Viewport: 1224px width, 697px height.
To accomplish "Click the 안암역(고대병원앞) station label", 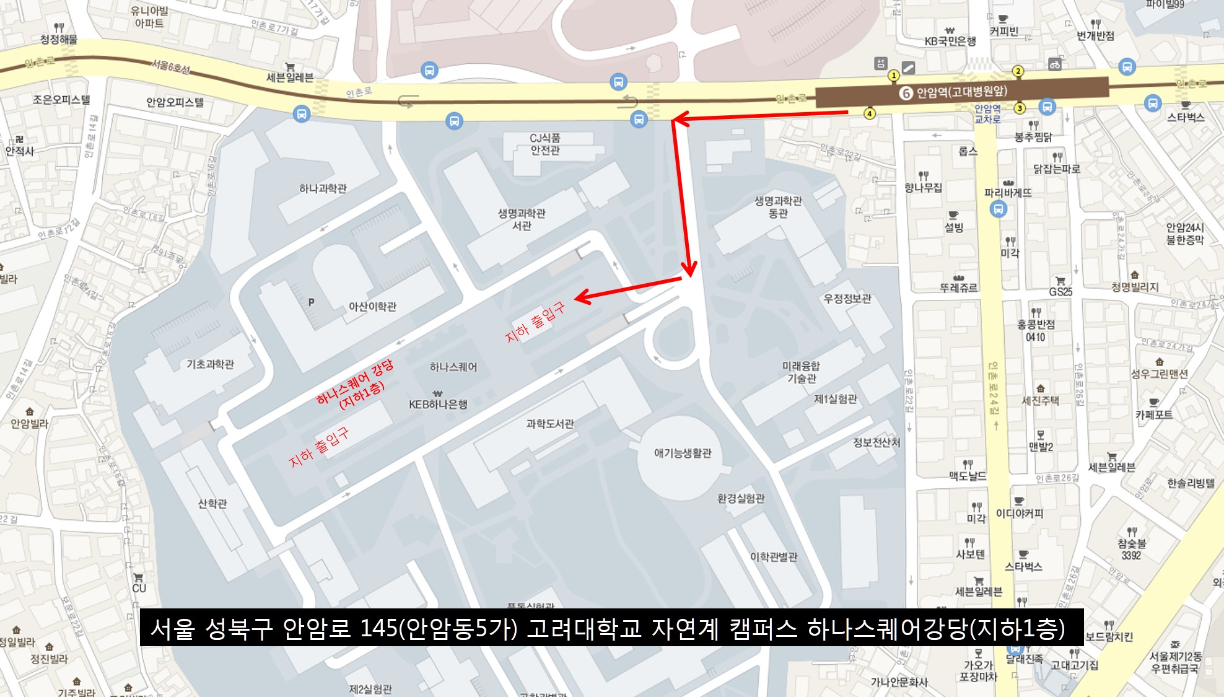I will pyautogui.click(x=961, y=92).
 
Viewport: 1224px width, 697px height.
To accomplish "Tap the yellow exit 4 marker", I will pyautogui.click(x=870, y=113).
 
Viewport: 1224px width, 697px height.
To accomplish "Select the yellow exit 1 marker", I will pyautogui.click(x=893, y=76).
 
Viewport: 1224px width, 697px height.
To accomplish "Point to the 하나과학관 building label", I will pyautogui.click(x=323, y=188).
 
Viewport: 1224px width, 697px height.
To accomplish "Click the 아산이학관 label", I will pyautogui.click(x=372, y=307).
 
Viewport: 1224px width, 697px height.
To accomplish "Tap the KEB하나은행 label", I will pyautogui.click(x=438, y=404).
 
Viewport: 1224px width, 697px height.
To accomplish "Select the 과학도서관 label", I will pyautogui.click(x=550, y=424).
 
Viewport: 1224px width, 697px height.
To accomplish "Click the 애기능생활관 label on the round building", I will pyautogui.click(x=683, y=453).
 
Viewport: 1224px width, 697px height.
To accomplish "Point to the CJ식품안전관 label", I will pyautogui.click(x=545, y=144).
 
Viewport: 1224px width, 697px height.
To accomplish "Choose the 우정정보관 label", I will pyautogui.click(x=847, y=299).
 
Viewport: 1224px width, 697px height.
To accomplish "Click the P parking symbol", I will pyautogui.click(x=311, y=302).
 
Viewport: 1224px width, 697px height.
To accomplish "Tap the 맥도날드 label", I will pyautogui.click(x=967, y=475).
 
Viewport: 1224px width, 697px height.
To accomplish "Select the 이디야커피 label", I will pyautogui.click(x=1020, y=513).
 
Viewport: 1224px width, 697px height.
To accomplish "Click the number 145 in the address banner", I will pyautogui.click(x=379, y=628).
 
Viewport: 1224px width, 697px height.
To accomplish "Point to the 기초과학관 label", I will pyautogui.click(x=211, y=364).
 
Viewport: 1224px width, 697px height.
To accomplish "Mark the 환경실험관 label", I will pyautogui.click(x=741, y=498).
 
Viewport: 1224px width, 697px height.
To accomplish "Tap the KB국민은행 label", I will pyautogui.click(x=950, y=41).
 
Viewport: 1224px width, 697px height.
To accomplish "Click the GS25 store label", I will pyautogui.click(x=1060, y=291).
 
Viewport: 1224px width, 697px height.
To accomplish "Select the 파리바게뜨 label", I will pyautogui.click(x=1008, y=193).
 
